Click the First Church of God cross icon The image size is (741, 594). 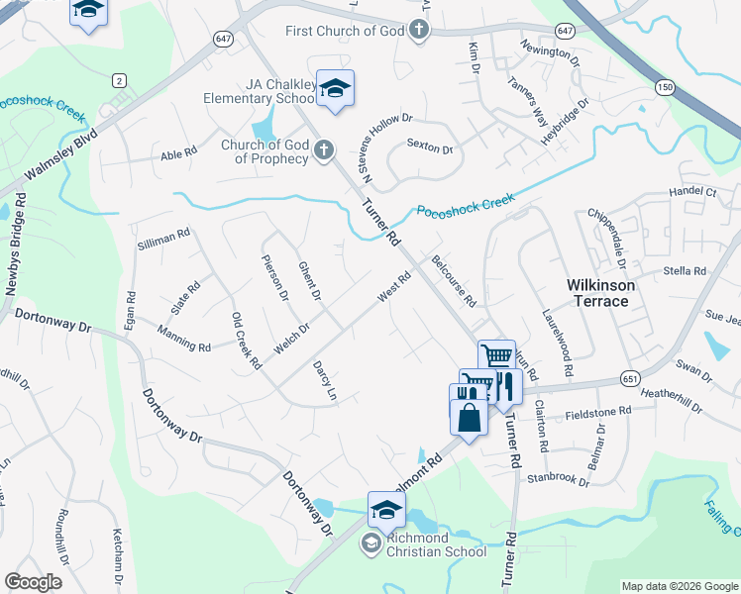pos(419,30)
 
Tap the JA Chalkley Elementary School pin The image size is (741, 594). pos(335,89)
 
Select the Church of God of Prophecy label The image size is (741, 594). pos(265,151)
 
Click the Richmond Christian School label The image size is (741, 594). pos(437,544)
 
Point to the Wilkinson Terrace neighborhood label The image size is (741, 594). pos(600,292)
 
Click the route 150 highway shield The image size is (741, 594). pos(661,87)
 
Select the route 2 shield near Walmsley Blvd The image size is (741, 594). pos(119,80)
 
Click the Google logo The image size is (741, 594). pos(34,582)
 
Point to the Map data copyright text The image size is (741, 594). pos(679,586)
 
